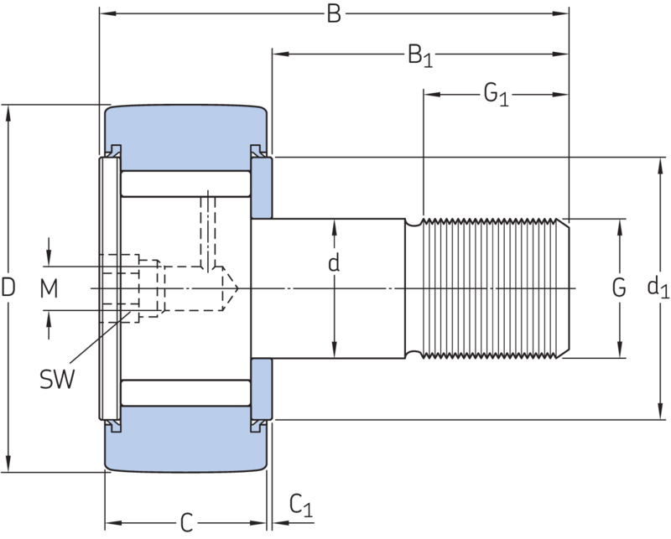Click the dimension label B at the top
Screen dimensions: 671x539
pos(334,13)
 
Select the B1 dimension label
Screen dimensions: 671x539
pos(420,56)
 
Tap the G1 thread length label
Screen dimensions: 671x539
pos(496,95)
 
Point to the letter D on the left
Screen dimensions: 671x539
pos(8,287)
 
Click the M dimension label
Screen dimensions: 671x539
pos(49,288)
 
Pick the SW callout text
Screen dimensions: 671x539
pos(57,379)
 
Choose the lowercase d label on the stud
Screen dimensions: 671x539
pos(334,262)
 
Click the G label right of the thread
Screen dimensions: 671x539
pos(619,288)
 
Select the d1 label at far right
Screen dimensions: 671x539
pos(658,288)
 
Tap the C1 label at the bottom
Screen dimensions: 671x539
pos(301,505)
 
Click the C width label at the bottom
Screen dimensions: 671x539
pos(186,522)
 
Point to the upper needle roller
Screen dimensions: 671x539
pos(185,184)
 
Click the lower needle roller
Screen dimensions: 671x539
pos(185,392)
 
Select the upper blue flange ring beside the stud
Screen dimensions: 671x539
pos(262,189)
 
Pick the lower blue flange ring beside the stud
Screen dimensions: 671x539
pos(262,389)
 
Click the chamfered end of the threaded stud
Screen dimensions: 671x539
pos(564,288)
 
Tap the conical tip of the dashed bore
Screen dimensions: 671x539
pos(230,288)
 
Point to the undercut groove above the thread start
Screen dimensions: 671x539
pos(414,222)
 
